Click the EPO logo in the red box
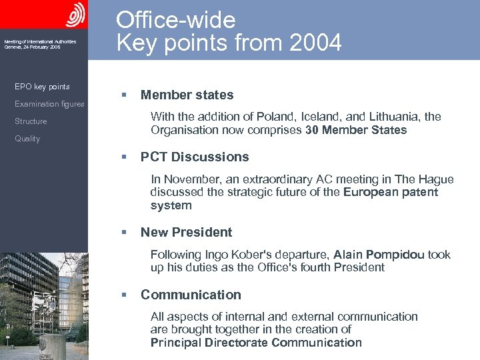point(75,14)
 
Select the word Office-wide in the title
point(176,19)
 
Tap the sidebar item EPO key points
point(42,87)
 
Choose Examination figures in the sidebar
point(49,104)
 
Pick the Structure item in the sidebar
point(31,121)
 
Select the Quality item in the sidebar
point(27,139)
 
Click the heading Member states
point(187,95)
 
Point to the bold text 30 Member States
point(356,130)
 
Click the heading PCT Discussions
point(195,157)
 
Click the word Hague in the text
point(436,179)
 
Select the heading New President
point(186,233)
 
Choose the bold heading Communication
point(191,295)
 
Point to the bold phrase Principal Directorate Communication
point(256,343)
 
